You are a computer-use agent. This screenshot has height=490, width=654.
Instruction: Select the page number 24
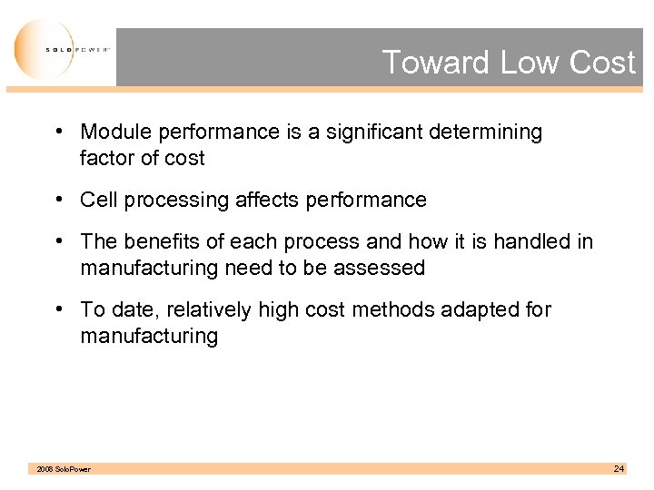click(619, 468)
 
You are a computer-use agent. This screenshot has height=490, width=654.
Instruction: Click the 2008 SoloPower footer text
click(63, 469)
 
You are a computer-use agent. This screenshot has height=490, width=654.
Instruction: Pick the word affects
click(267, 200)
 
